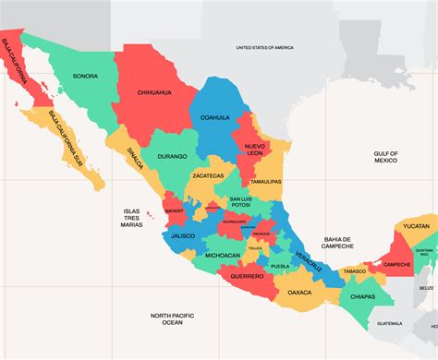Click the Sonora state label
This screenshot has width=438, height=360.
[x=85, y=76]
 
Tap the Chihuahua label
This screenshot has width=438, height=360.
[x=155, y=92]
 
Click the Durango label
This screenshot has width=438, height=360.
[x=171, y=158]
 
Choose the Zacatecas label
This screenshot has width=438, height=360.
[x=208, y=174]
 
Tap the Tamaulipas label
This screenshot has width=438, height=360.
[x=265, y=182]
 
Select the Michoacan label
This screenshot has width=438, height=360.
[x=223, y=255]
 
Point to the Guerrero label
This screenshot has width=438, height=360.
[x=247, y=276]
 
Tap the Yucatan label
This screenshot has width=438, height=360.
[x=416, y=225]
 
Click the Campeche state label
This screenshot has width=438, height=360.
[x=396, y=264]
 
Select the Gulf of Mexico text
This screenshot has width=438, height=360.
[x=385, y=157]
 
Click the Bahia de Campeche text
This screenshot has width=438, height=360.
[x=338, y=243]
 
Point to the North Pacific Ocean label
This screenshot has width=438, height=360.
[x=173, y=318]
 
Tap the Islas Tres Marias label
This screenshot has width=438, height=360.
[x=131, y=218]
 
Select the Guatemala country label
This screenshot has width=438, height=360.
[x=390, y=323]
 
